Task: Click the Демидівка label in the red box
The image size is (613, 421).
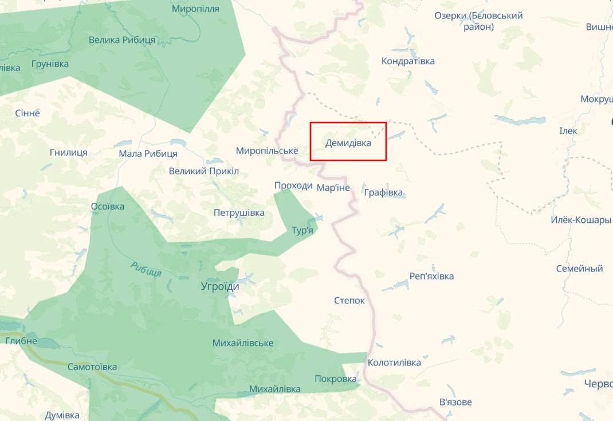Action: pyautogui.click(x=348, y=143)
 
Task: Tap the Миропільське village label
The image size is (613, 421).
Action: pyautogui.click(x=267, y=151)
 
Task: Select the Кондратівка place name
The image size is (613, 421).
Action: pyautogui.click(x=408, y=61)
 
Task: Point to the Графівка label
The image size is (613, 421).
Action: pyautogui.click(x=383, y=192)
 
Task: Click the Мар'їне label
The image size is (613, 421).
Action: pyautogui.click(x=333, y=188)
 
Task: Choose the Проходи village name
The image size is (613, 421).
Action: pyautogui.click(x=293, y=186)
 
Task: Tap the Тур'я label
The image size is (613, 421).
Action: pyautogui.click(x=302, y=230)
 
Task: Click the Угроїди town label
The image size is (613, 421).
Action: pyautogui.click(x=220, y=286)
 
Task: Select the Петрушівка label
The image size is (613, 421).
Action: pyautogui.click(x=239, y=213)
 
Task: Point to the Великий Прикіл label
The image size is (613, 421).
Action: pyautogui.click(x=204, y=171)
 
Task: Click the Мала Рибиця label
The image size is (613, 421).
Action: pyautogui.click(x=148, y=154)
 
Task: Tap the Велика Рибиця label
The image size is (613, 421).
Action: pyautogui.click(x=122, y=40)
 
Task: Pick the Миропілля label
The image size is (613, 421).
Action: pyautogui.click(x=195, y=9)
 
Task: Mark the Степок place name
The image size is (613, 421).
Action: pyautogui.click(x=349, y=301)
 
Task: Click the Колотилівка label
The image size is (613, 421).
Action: pyautogui.click(x=394, y=363)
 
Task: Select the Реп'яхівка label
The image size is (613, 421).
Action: pyautogui.click(x=431, y=276)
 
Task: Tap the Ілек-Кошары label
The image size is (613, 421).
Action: pyautogui.click(x=581, y=220)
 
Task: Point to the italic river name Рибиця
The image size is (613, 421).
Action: pyautogui.click(x=146, y=269)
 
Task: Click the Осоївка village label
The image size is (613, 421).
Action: pyautogui.click(x=108, y=206)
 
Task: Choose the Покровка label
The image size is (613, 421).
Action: pyautogui.click(x=336, y=379)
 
